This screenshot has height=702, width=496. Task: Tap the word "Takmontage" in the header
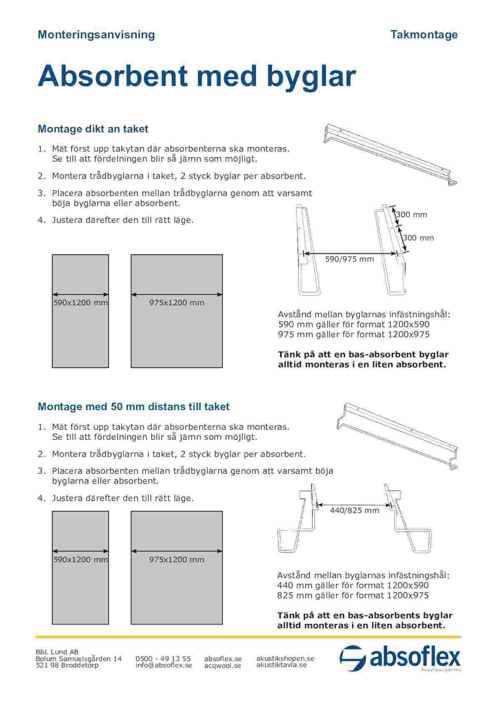[424, 35]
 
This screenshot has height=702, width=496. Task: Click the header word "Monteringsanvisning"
[96, 35]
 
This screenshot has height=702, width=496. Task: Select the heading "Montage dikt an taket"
[93, 129]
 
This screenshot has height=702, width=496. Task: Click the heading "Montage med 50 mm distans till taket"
[133, 406]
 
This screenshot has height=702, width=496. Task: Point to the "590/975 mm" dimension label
[349, 259]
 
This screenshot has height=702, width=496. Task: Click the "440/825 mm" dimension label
[354, 510]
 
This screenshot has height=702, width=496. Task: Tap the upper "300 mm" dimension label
[411, 215]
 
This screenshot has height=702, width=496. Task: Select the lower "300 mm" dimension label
[418, 238]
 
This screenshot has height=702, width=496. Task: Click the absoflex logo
[400, 659]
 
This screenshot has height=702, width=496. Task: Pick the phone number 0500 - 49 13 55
[163, 659]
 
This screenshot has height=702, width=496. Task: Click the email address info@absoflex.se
[164, 665]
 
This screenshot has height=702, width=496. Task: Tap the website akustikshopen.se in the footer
[285, 658]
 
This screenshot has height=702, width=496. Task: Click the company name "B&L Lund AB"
[57, 652]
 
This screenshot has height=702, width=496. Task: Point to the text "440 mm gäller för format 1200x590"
[353, 585]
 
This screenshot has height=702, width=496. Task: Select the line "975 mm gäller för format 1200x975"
[353, 334]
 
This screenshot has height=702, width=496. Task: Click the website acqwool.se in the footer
[223, 666]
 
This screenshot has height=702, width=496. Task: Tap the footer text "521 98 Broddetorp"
[67, 665]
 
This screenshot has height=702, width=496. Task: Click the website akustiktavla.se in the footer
[281, 665]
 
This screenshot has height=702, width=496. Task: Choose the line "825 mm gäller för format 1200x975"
[353, 595]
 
